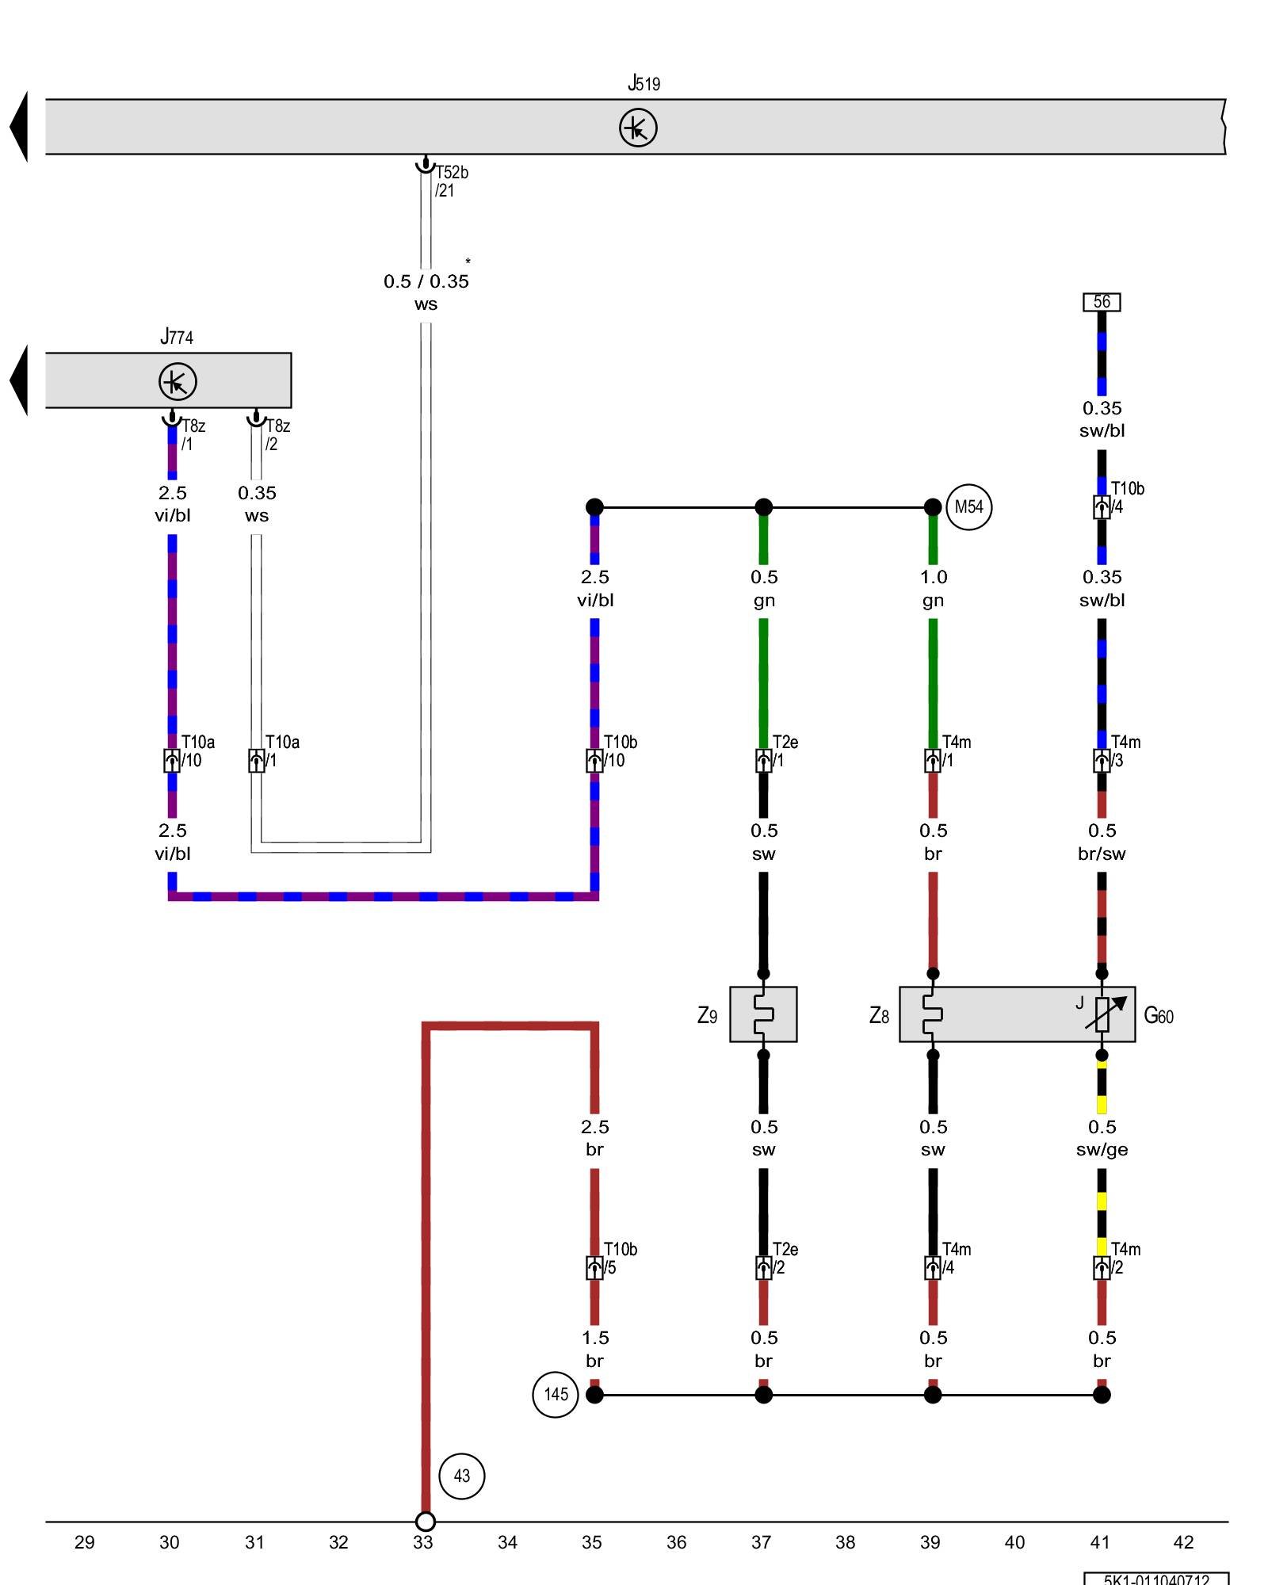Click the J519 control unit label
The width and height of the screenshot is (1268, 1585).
[644, 83]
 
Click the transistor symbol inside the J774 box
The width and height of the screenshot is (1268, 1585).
[178, 381]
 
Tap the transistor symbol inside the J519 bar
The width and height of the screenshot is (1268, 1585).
[638, 128]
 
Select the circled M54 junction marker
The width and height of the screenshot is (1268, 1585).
[968, 507]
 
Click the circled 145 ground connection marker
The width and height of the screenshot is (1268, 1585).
[555, 1395]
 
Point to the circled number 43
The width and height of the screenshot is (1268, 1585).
[461, 1476]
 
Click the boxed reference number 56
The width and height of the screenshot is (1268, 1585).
[1102, 302]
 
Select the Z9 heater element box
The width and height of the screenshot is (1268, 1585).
[763, 1014]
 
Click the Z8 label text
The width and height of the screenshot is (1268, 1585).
[879, 1015]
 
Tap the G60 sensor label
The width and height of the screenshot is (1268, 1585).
[1158, 1015]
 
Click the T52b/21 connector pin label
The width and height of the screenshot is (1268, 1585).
[450, 181]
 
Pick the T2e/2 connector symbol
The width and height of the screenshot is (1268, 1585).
[763, 1268]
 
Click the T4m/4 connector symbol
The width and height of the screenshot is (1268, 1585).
[933, 1268]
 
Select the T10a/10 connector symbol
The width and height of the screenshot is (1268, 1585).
[172, 761]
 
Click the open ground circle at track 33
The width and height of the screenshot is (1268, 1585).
[426, 1522]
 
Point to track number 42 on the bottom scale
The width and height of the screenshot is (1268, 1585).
[1182, 1542]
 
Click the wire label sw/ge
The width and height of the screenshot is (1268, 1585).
[1102, 1150]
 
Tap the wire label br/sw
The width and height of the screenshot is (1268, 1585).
[1102, 854]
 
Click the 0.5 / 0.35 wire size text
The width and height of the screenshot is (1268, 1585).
[426, 281]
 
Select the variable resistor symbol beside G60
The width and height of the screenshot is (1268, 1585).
[1103, 1014]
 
